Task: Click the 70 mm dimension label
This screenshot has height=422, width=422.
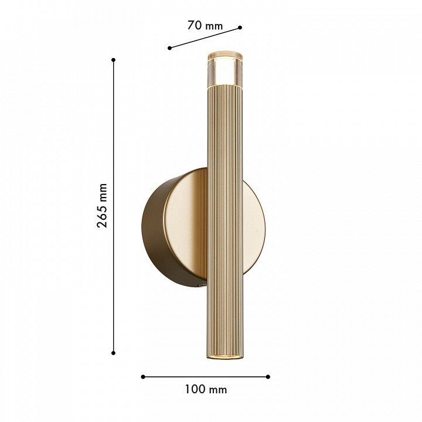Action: pyautogui.click(x=205, y=26)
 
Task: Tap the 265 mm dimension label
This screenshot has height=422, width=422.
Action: pyautogui.click(x=102, y=206)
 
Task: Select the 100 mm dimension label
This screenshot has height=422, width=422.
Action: pyautogui.click(x=206, y=389)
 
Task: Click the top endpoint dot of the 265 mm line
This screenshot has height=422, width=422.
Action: pyautogui.click(x=114, y=60)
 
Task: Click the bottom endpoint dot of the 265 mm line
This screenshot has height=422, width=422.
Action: pyautogui.click(x=113, y=353)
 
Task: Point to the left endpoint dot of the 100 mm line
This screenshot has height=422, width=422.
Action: pyautogui.click(x=143, y=377)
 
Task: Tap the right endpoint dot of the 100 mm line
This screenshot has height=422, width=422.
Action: pyautogui.click(x=268, y=377)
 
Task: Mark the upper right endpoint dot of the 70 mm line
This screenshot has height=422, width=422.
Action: pyautogui.click(x=240, y=27)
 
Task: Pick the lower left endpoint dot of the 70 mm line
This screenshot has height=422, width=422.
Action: pyautogui.click(x=169, y=48)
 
